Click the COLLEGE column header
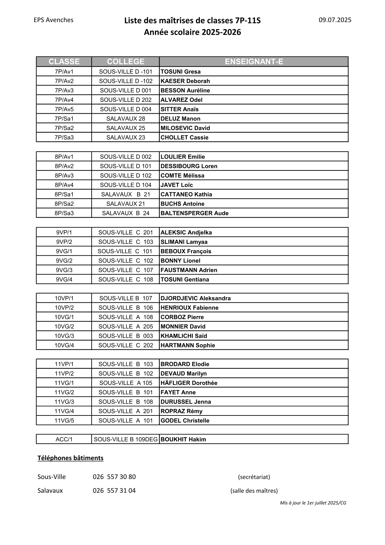(x=126, y=62)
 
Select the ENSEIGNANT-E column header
(x=254, y=62)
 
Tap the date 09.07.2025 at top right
(x=335, y=20)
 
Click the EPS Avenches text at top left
(x=53, y=20)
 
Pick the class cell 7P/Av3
(x=64, y=90)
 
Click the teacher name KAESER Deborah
(x=185, y=81)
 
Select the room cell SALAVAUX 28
(x=126, y=119)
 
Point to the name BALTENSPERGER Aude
(x=194, y=213)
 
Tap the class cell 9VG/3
(x=64, y=270)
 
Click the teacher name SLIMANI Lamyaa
(x=184, y=242)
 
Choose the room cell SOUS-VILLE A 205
(x=126, y=326)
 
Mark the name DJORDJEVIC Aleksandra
(x=195, y=298)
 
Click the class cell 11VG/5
(x=64, y=421)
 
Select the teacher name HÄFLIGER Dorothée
(x=189, y=383)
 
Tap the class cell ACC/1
(x=64, y=439)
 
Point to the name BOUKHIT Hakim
(x=183, y=439)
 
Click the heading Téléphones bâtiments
(x=71, y=458)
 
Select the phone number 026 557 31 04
(x=114, y=491)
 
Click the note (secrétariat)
(x=254, y=477)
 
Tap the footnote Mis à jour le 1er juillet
(x=313, y=503)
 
